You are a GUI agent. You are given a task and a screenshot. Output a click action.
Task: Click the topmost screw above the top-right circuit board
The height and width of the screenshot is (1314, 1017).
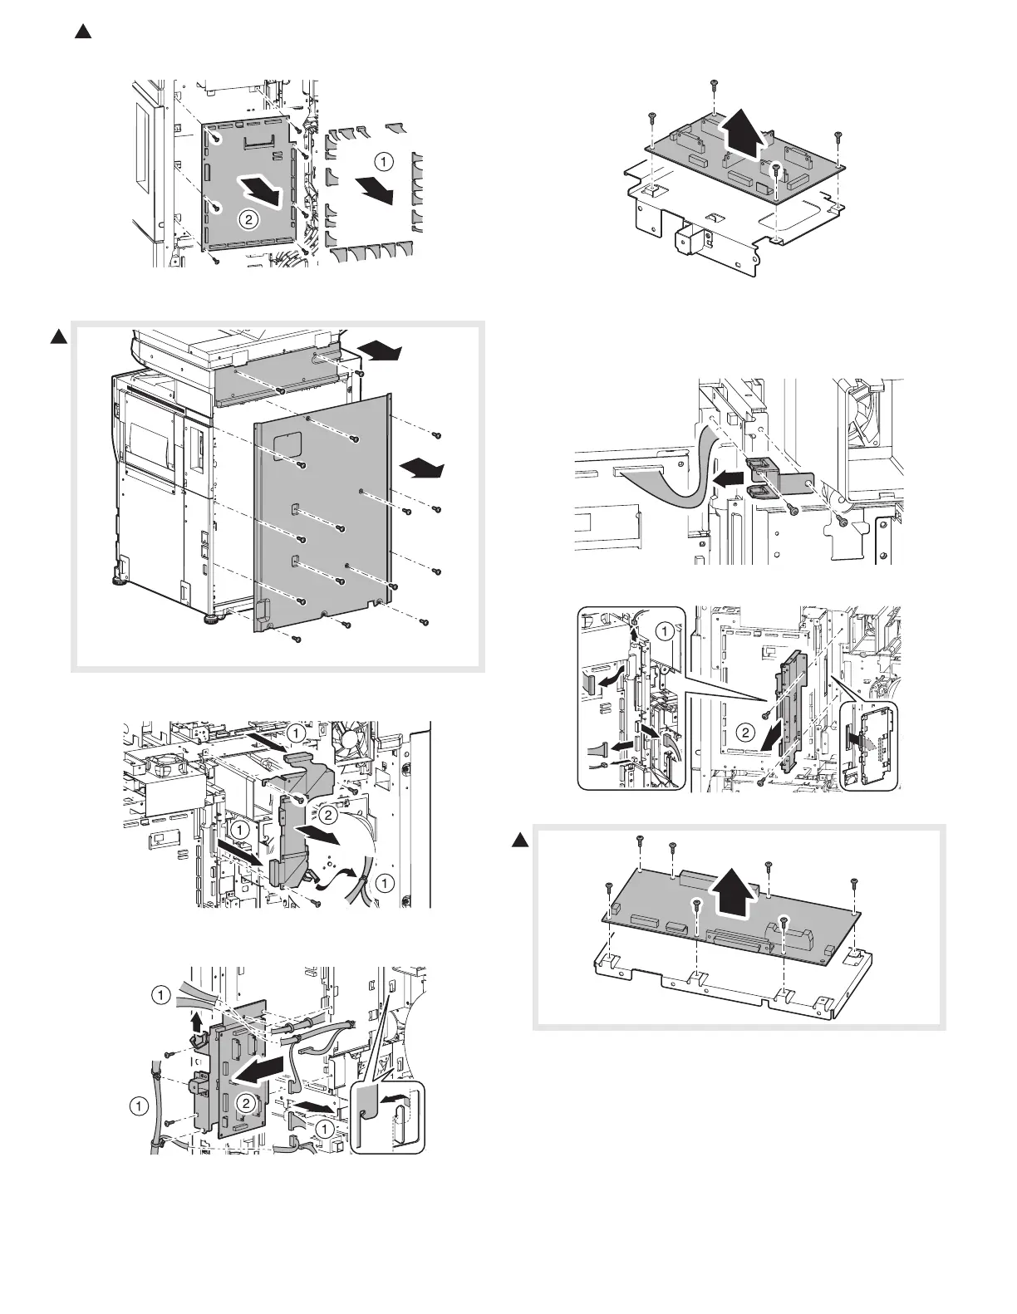tap(713, 83)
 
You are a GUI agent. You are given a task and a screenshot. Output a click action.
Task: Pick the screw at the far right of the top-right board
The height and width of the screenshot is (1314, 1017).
tap(838, 135)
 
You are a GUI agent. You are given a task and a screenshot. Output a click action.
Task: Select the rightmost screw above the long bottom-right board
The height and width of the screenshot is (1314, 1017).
tap(852, 882)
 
